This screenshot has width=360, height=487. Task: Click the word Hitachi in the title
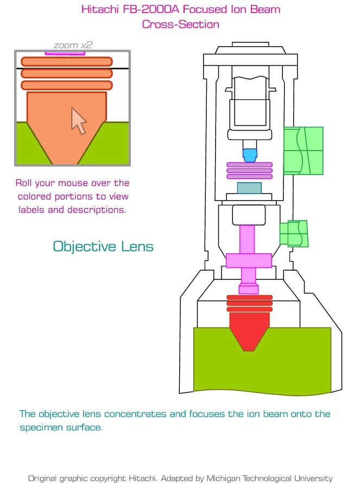pyautogui.click(x=100, y=9)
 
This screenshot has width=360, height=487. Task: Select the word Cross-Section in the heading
pyautogui.click(x=181, y=24)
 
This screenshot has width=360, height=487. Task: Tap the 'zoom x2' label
pyautogui.click(x=73, y=45)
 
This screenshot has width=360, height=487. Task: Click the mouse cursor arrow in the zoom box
pyautogui.click(x=79, y=121)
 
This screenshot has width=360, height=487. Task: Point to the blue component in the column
pyautogui.click(x=250, y=155)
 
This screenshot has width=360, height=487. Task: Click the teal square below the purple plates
pyautogui.click(x=249, y=188)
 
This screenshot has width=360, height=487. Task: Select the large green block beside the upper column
pyautogui.click(x=303, y=151)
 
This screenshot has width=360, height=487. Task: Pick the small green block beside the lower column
pyautogui.click(x=294, y=234)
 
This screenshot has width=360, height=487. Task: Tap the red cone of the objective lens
pyautogui.click(x=249, y=332)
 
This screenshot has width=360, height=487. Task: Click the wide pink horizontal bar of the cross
pyautogui.click(x=249, y=260)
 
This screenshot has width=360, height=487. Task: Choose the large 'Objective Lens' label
pyautogui.click(x=103, y=247)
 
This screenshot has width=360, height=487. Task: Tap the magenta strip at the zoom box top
pyautogui.click(x=65, y=53)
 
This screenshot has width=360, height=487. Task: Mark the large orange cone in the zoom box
pyautogui.click(x=66, y=127)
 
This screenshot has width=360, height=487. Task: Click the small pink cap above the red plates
pyautogui.click(x=249, y=289)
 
